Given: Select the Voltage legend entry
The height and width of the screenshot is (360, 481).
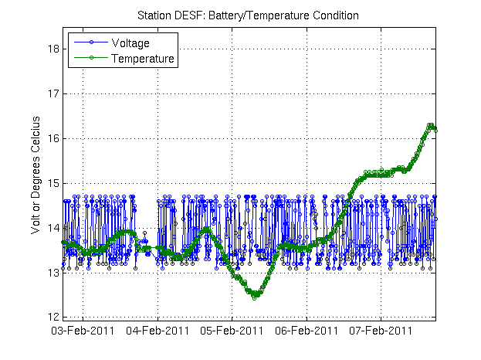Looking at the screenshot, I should [x=130, y=43].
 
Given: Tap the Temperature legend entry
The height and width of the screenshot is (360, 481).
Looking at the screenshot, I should [x=142, y=58].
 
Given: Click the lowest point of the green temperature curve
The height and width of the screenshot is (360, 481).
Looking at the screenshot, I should [x=254, y=297].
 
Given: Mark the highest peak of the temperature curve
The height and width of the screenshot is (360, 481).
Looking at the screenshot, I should [x=431, y=125].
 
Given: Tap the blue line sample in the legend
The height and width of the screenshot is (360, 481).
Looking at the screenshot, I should [x=90, y=43].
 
